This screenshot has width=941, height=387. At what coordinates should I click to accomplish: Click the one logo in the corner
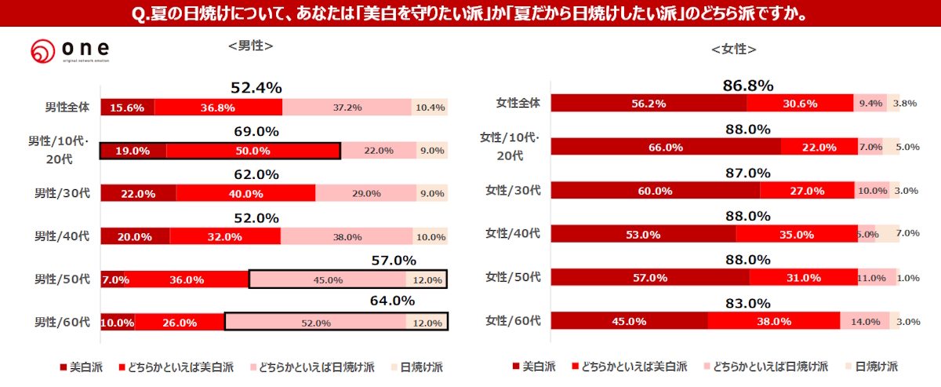(x=70, y=52)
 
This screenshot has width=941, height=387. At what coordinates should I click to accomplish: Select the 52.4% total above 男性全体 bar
(x=256, y=88)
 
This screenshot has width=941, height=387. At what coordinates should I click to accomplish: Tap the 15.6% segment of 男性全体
(x=127, y=108)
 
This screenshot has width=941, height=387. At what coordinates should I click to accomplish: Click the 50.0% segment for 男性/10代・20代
(x=253, y=151)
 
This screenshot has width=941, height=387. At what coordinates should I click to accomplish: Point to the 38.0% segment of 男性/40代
(x=346, y=236)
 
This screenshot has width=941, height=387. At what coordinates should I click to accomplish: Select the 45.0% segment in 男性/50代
(x=327, y=279)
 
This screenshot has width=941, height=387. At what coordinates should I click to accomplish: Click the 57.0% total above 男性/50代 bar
(x=394, y=261)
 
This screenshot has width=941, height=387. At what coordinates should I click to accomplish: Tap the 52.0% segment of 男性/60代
(x=315, y=323)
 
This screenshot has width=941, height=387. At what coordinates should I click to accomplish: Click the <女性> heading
(x=733, y=49)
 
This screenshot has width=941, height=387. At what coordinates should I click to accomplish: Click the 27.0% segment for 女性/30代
(x=807, y=191)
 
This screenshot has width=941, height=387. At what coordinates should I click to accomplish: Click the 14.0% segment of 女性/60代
(x=865, y=321)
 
